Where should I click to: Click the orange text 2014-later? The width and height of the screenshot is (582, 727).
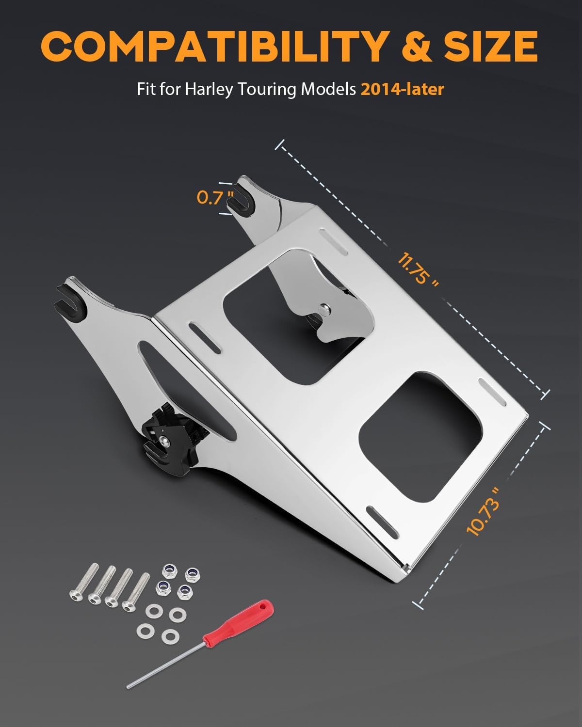click(x=402, y=89)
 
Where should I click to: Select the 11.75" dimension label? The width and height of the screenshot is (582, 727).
click(x=418, y=269)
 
